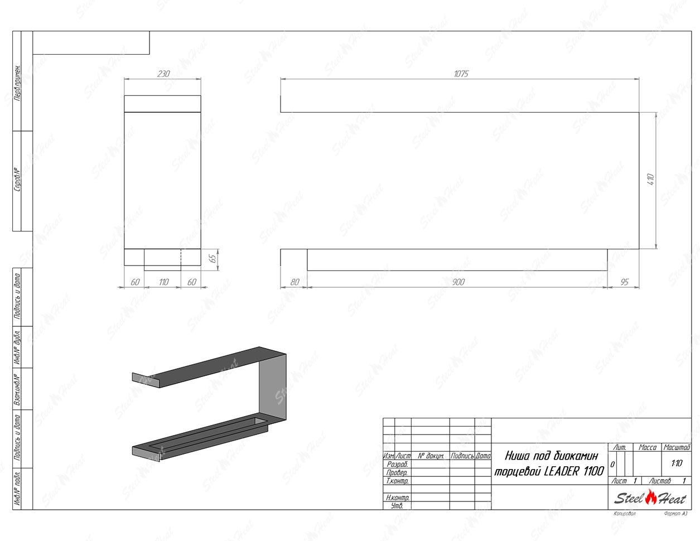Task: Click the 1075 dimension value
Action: [461, 74]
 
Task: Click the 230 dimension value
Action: [163, 74]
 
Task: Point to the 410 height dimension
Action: [650, 180]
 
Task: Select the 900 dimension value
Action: [457, 282]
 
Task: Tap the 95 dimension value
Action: [624, 282]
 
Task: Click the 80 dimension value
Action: [294, 282]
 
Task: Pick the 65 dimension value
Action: [211, 259]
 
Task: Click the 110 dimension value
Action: [163, 282]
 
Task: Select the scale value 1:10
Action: [677, 463]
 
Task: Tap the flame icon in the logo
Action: [651, 496]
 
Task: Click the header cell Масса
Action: [647, 448]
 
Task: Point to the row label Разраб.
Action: [397, 464]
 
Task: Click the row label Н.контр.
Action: [397, 497]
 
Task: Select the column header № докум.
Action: [430, 456]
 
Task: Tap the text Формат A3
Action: [675, 514]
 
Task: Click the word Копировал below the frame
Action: [624, 514]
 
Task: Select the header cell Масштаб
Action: [677, 448]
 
